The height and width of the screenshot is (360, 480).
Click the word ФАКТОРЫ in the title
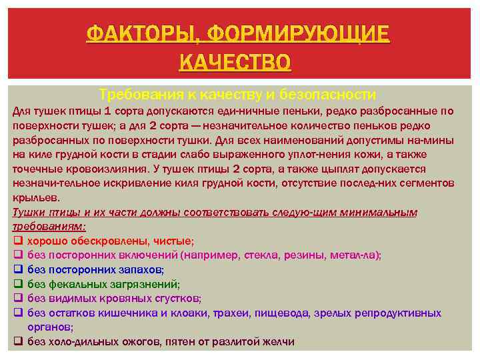coord(141,33)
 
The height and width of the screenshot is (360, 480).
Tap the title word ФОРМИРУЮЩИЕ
coord(298,33)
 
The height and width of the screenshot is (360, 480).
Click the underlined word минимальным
coord(377,212)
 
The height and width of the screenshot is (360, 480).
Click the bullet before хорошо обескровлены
coord(18,240)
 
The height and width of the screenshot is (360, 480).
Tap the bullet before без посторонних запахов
coord(18,269)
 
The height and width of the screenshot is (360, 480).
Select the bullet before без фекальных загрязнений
coord(18,284)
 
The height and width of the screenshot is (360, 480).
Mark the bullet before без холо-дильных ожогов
coord(18,341)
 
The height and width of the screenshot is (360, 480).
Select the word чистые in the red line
coord(173,241)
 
